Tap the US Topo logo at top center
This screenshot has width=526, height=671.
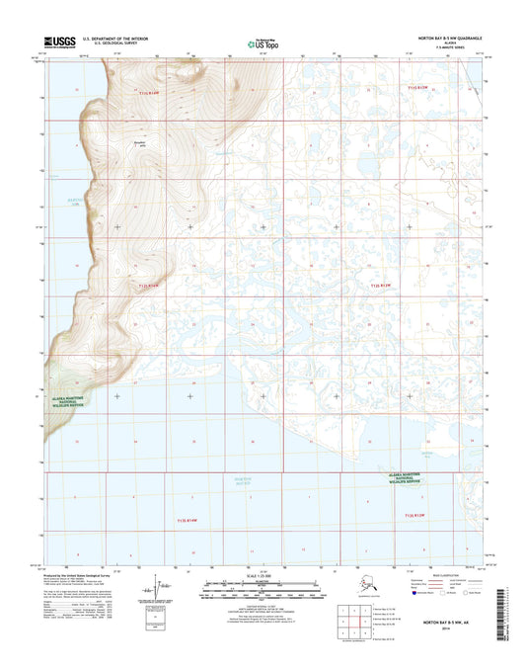pyautogui.click(x=262, y=43)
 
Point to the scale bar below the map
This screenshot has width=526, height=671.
pyautogui.click(x=262, y=594)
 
